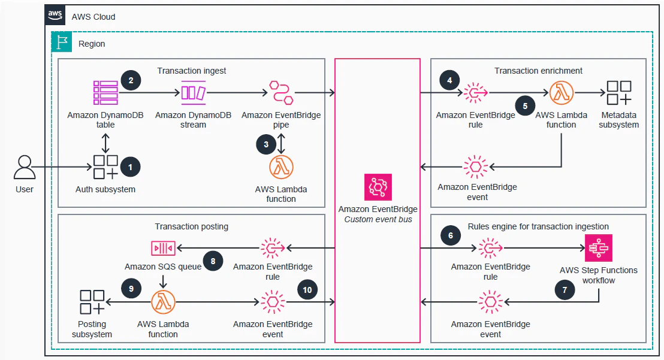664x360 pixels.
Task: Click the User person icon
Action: click(x=25, y=168)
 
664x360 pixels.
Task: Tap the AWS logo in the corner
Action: click(x=55, y=15)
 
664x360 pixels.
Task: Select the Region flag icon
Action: click(x=62, y=43)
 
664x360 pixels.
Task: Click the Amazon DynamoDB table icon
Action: click(x=105, y=93)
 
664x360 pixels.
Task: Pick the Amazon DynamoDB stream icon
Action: click(x=194, y=93)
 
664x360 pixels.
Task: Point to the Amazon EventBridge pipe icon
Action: click(x=281, y=93)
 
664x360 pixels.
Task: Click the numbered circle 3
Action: click(x=266, y=145)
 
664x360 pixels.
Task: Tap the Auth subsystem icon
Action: click(x=105, y=167)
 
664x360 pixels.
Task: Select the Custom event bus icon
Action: click(x=378, y=187)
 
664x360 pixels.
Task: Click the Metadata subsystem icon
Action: click(x=618, y=93)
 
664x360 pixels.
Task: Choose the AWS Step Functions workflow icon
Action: click(x=598, y=249)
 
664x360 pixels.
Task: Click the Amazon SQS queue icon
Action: click(x=163, y=249)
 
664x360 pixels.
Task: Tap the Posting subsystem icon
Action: click(x=92, y=302)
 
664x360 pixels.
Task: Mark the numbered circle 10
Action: click(x=307, y=290)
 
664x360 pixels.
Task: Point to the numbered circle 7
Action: click(x=565, y=290)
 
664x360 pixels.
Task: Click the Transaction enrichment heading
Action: click(x=538, y=71)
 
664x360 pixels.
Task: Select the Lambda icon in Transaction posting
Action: click(x=163, y=302)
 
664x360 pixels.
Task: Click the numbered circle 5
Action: click(x=525, y=106)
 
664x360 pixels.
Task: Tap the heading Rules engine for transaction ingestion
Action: click(x=538, y=226)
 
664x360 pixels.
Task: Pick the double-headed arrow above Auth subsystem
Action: click(x=105, y=143)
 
